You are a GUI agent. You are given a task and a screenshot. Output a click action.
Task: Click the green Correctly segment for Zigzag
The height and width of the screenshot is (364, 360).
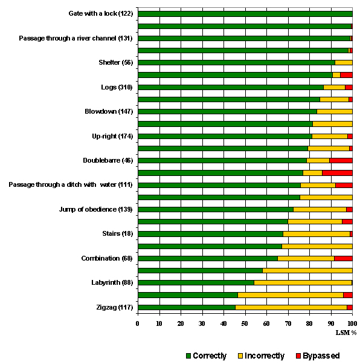click(x=187, y=307)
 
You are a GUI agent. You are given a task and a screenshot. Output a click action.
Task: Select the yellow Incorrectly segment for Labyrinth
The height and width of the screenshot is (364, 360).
click(x=303, y=283)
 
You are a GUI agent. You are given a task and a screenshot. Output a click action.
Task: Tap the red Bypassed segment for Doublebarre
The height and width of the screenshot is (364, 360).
click(x=341, y=161)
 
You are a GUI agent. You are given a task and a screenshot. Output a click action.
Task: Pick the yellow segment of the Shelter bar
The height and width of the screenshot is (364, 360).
click(x=344, y=63)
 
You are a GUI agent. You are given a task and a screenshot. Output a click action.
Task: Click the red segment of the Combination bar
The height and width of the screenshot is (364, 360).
click(x=343, y=258)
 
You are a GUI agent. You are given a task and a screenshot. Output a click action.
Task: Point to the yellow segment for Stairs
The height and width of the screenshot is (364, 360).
click(x=317, y=234)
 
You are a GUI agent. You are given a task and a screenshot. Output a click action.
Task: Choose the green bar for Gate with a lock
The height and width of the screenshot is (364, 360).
click(x=245, y=14)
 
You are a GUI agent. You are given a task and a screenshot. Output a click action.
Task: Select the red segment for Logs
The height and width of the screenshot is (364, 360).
click(x=349, y=87)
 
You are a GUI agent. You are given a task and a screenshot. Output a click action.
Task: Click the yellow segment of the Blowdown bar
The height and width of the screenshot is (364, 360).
click(x=335, y=112)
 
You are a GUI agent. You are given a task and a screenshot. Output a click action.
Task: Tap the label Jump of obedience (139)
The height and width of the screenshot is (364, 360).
click(x=96, y=209)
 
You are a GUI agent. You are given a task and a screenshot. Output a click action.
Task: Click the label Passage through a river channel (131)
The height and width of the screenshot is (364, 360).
click(x=76, y=38)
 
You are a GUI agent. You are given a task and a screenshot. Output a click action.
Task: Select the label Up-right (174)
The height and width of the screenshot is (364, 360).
click(x=112, y=136)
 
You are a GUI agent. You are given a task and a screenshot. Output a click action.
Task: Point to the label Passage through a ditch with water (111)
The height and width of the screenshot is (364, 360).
click(x=71, y=185)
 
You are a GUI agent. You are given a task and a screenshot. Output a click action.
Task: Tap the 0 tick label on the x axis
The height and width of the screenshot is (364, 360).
click(x=138, y=323)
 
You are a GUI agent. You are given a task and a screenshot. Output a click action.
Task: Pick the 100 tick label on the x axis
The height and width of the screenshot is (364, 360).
click(x=352, y=323)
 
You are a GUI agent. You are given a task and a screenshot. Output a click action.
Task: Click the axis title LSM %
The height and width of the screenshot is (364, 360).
click(x=346, y=333)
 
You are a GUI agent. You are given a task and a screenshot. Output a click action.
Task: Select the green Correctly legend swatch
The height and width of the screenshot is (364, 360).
click(x=188, y=356)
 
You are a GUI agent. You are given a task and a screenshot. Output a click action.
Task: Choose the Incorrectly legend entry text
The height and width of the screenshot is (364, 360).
click(x=264, y=356)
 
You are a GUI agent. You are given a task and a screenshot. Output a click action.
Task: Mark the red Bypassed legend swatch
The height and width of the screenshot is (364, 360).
click(x=298, y=356)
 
